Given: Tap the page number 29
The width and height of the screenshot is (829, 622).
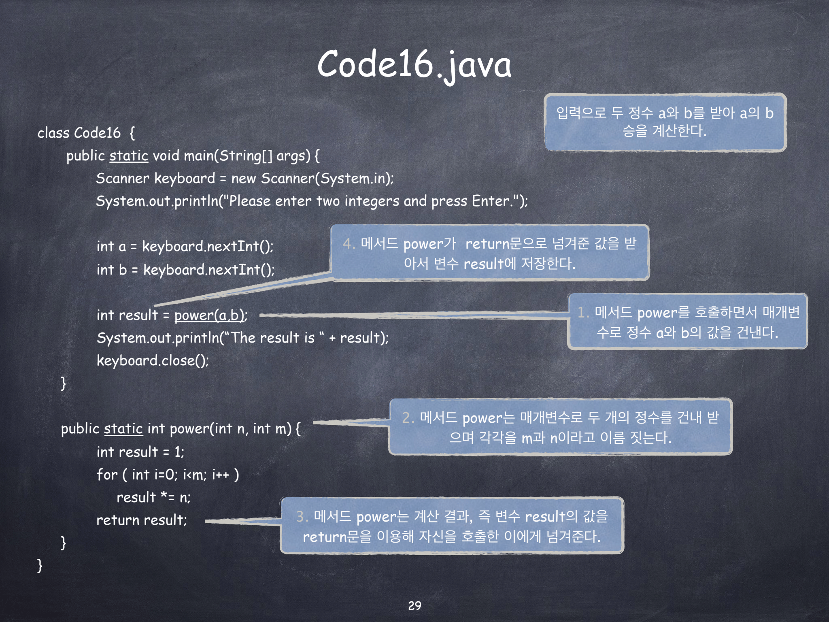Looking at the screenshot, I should [414, 605].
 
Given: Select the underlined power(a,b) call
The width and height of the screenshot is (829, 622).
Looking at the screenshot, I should [210, 315].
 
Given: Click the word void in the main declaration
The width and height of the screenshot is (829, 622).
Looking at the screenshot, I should [166, 155].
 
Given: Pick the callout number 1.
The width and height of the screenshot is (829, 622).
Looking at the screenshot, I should [582, 312].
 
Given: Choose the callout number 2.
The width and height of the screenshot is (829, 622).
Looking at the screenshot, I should [408, 418].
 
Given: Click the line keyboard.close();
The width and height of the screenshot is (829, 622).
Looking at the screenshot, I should [153, 360].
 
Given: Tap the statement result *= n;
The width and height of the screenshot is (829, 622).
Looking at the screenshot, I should [153, 497].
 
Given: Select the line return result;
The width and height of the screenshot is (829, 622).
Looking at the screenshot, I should [142, 520].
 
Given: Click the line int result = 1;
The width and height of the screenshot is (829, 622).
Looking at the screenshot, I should [140, 452].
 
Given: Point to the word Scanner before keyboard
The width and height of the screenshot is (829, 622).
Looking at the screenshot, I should [123, 178].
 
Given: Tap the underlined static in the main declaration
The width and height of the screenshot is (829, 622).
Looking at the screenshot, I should [129, 155].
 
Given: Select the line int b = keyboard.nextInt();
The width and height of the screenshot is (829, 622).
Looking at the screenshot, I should [185, 270].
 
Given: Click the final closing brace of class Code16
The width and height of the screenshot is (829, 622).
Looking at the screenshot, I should [40, 565].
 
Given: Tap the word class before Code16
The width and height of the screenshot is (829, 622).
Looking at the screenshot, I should [53, 133].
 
